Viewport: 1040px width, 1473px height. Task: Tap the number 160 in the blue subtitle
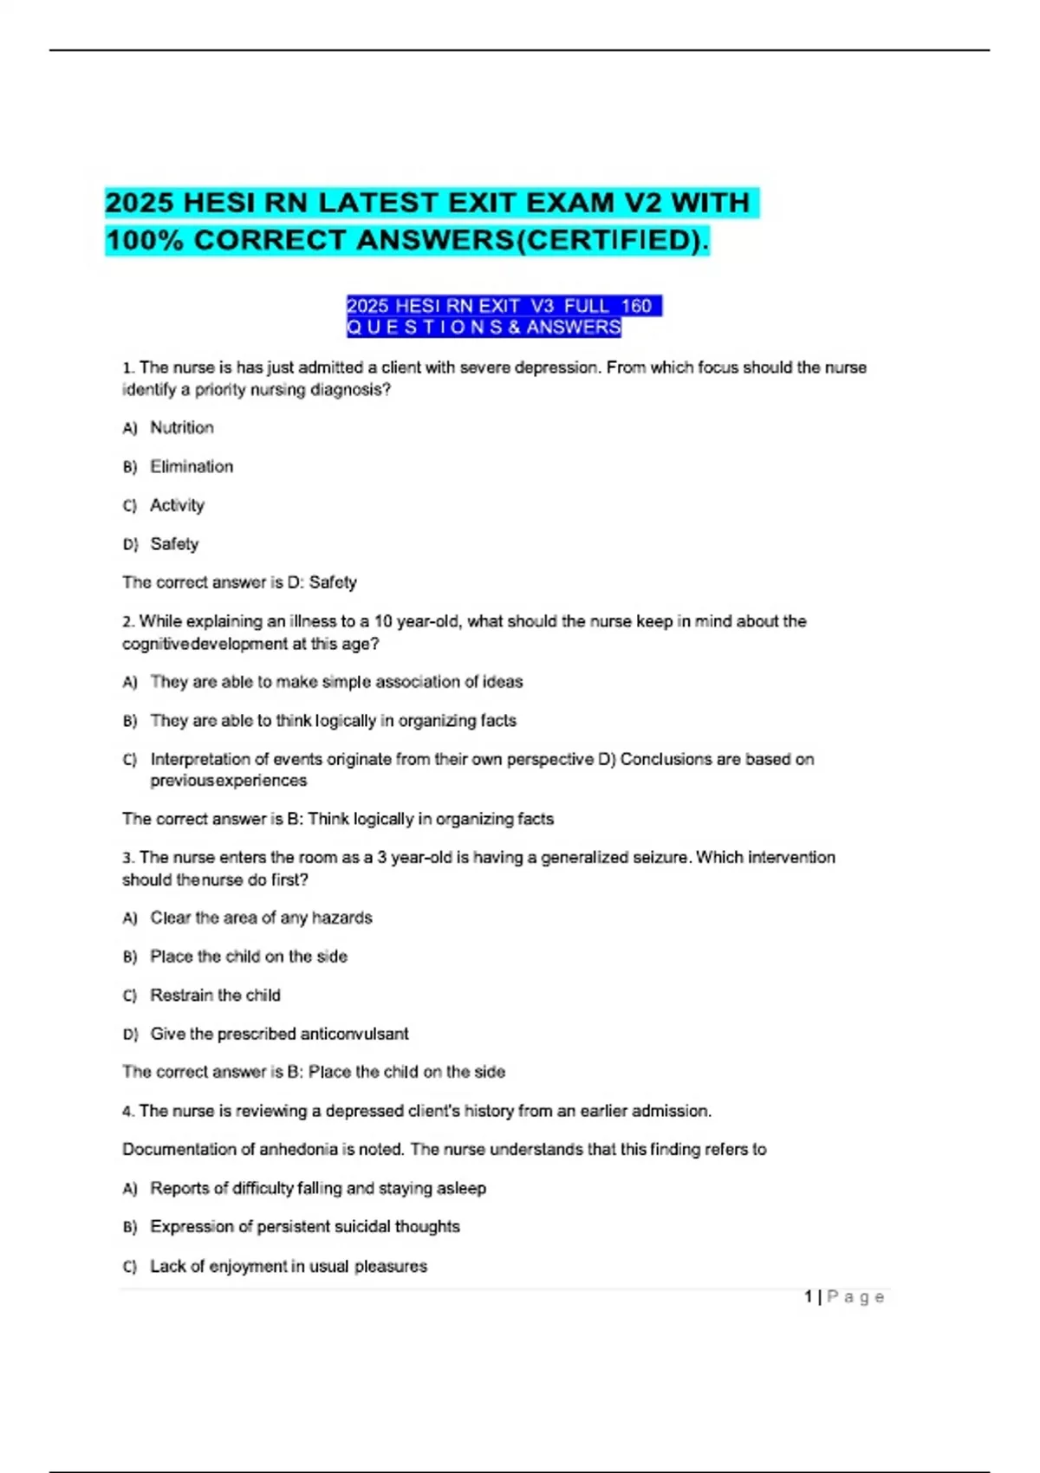(x=636, y=306)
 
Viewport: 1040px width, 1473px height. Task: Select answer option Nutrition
(x=182, y=427)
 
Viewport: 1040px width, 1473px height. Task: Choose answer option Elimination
(x=192, y=466)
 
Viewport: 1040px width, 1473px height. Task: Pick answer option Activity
(x=177, y=505)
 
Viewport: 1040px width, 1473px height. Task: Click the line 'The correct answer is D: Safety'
(x=239, y=582)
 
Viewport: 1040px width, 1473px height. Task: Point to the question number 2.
(x=127, y=621)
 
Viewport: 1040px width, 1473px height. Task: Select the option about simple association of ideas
(x=336, y=682)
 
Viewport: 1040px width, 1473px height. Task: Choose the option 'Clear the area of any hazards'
(x=261, y=918)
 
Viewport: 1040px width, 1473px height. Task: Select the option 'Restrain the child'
(x=215, y=995)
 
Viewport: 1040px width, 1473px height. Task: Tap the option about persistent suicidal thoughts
(x=304, y=1226)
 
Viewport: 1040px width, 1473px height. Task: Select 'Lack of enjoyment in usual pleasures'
(x=289, y=1266)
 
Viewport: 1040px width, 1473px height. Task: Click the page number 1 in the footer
(x=808, y=1296)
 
